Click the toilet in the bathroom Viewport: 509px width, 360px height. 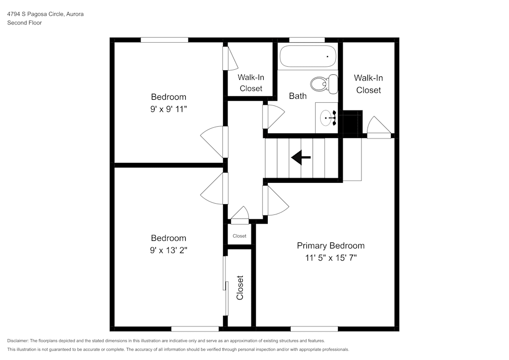coord(324,84)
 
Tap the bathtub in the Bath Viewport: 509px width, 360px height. coord(308,57)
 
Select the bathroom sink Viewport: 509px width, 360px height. coord(327,118)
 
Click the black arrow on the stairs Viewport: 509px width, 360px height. coord(301,158)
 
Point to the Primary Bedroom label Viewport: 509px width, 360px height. coord(330,245)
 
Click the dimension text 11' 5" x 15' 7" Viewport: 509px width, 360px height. coord(330,258)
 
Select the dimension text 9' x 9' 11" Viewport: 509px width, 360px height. coord(168,108)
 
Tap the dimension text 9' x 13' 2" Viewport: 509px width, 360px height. coord(168,250)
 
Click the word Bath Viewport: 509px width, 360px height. coord(298,96)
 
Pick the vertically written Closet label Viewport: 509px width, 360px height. coord(240,288)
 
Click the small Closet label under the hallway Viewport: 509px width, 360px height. coord(239,236)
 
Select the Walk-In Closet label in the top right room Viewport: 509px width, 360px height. coord(369,84)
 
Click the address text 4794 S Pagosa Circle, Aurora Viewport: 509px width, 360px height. coord(45,14)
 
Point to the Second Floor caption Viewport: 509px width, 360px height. coord(24,23)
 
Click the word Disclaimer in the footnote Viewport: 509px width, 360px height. coord(18,341)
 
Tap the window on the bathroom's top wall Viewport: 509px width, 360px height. coord(307,40)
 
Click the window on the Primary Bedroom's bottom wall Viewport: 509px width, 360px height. coord(314,329)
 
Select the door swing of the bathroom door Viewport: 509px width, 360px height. coord(274,116)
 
